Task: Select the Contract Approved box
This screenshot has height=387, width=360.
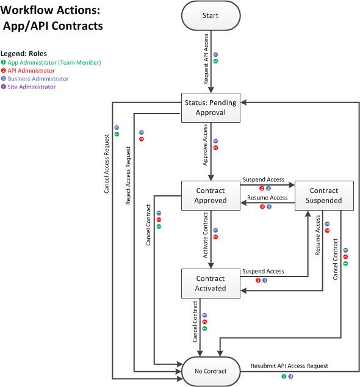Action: [211, 196]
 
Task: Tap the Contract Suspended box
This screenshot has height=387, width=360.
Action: [324, 196]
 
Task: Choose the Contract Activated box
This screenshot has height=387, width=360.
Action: [211, 284]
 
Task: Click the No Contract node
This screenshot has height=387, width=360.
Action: [211, 371]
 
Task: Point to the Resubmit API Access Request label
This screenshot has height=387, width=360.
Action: [289, 366]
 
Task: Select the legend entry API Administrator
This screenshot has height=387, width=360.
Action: [31, 70]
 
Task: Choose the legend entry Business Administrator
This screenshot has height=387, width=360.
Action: [38, 79]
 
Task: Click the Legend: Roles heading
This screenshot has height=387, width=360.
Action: [24, 53]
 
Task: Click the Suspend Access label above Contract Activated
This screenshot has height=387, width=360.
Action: [263, 271]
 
